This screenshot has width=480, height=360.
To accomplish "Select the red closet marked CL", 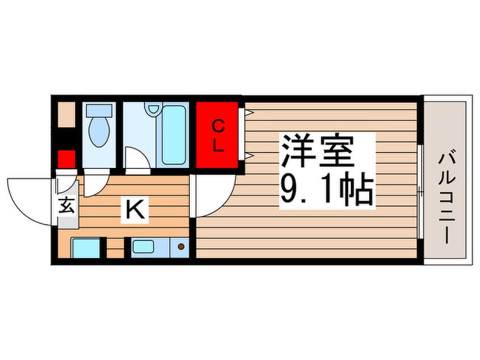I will pos(217,135).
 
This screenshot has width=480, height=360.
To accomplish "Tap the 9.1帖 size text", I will pos(326,190).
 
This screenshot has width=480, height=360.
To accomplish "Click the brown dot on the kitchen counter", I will pos(181,247).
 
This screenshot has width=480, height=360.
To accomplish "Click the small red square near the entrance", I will pos(66,158).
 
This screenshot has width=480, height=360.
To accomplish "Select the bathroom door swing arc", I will pos(136,159).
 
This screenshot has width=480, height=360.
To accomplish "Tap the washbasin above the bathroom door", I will pos(152,107).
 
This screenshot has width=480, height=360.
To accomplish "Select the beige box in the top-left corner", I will pos(66,116).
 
